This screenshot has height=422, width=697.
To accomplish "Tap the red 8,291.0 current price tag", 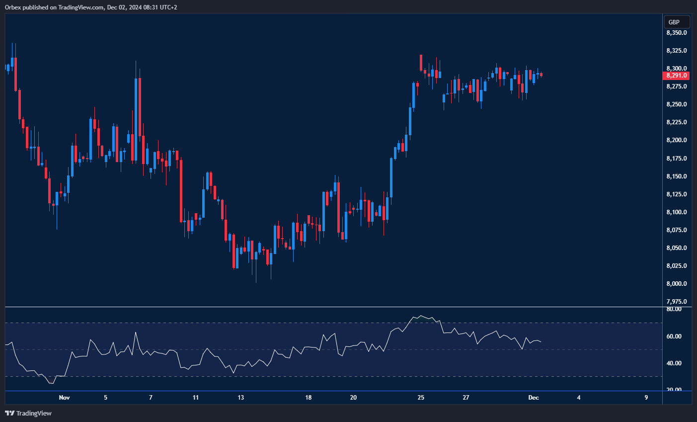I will [676, 76].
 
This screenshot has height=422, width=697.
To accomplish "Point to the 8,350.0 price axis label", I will [677, 33].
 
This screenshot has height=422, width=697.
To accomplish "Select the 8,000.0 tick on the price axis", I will [677, 284].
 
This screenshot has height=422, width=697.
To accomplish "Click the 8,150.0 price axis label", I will [677, 176].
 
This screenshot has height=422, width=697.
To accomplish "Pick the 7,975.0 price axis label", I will [677, 302].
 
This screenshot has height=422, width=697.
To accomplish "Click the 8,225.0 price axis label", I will [677, 122].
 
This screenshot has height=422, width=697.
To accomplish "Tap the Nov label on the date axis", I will [64, 398].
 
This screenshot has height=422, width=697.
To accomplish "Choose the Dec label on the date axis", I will [534, 398].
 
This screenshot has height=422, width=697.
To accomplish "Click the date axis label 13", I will [241, 398].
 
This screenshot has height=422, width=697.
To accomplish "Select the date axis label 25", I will [421, 398].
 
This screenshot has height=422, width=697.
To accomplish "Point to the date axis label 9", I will [646, 398].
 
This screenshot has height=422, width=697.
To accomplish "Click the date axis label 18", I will [309, 398].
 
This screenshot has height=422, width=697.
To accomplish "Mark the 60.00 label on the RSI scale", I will [674, 337].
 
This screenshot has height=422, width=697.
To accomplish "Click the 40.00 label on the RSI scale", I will [674, 363].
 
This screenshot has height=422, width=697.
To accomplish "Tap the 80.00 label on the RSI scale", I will [674, 309].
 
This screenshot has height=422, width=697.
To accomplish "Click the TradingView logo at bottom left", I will [28, 413].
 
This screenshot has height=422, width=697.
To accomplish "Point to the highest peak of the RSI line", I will [421, 316].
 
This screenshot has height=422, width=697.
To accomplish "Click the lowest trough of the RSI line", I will [51, 384].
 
